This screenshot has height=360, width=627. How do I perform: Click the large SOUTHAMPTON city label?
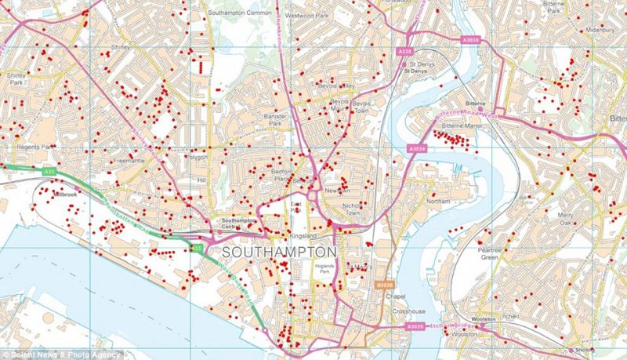coord(280,253)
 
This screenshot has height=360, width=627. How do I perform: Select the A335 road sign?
coord(404,52)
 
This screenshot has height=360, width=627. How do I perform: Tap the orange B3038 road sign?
coord(384,285)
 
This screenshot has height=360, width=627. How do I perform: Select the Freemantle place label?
coord(129,161)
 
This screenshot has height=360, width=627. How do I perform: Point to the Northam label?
coord(438,202)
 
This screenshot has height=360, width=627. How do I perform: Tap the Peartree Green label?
coord(490,253)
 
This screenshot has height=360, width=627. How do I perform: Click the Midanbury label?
coord(599,30)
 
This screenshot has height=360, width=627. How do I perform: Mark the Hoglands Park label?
coord(324,268)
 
